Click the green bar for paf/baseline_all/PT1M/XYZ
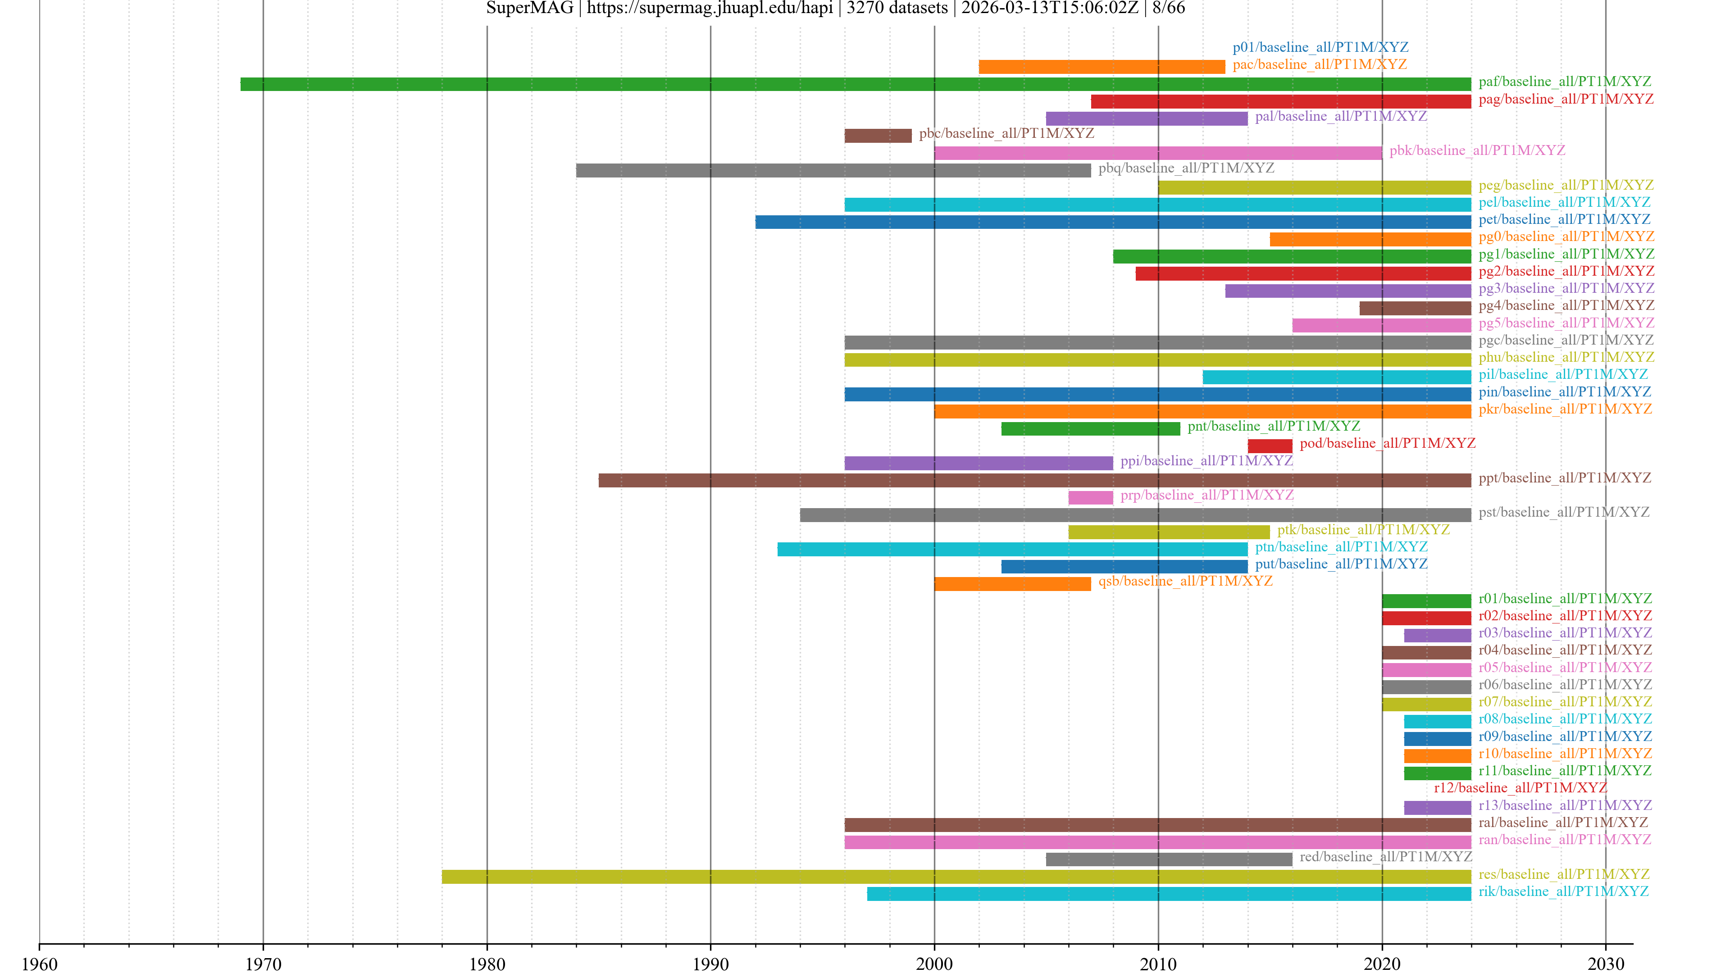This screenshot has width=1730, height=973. pyautogui.click(x=855, y=84)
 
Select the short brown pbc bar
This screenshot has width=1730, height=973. pyautogui.click(x=878, y=136)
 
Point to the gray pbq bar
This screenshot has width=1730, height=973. pyautogui.click(x=833, y=171)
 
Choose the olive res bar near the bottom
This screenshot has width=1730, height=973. pyautogui.click(x=956, y=876)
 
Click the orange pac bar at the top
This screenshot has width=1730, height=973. pyautogui.click(x=1102, y=67)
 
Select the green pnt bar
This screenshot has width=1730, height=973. pyautogui.click(x=1090, y=428)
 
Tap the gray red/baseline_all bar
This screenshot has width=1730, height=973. pyautogui.click(x=1169, y=859)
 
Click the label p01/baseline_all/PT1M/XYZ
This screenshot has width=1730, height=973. pyautogui.click(x=1320, y=47)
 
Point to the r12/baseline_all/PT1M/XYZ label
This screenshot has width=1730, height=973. pyautogui.click(x=1521, y=788)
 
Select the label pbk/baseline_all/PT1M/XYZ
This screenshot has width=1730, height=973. pyautogui.click(x=1477, y=150)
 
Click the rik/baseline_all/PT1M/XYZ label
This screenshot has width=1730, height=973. pyautogui.click(x=1563, y=891)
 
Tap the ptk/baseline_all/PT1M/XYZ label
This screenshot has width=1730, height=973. pyautogui.click(x=1363, y=530)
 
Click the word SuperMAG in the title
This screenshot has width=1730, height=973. pyautogui.click(x=529, y=8)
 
